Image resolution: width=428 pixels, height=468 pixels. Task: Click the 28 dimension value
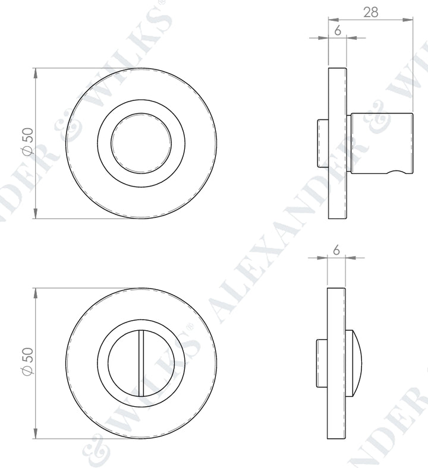point(370,12)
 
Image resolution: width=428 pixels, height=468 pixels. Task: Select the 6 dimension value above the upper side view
point(337,31)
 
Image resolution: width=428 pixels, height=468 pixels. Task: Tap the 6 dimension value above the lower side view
point(336,251)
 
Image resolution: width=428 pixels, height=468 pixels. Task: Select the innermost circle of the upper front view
point(141,143)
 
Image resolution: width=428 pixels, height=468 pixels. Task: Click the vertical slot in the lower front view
point(141,363)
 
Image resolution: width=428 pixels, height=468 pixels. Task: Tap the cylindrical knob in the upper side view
point(380,143)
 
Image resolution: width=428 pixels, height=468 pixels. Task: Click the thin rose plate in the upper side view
point(337,143)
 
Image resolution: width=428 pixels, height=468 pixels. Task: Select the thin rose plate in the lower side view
point(337,363)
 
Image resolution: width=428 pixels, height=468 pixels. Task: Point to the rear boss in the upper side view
point(322,143)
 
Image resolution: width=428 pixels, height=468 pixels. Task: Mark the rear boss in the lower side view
point(322,362)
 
